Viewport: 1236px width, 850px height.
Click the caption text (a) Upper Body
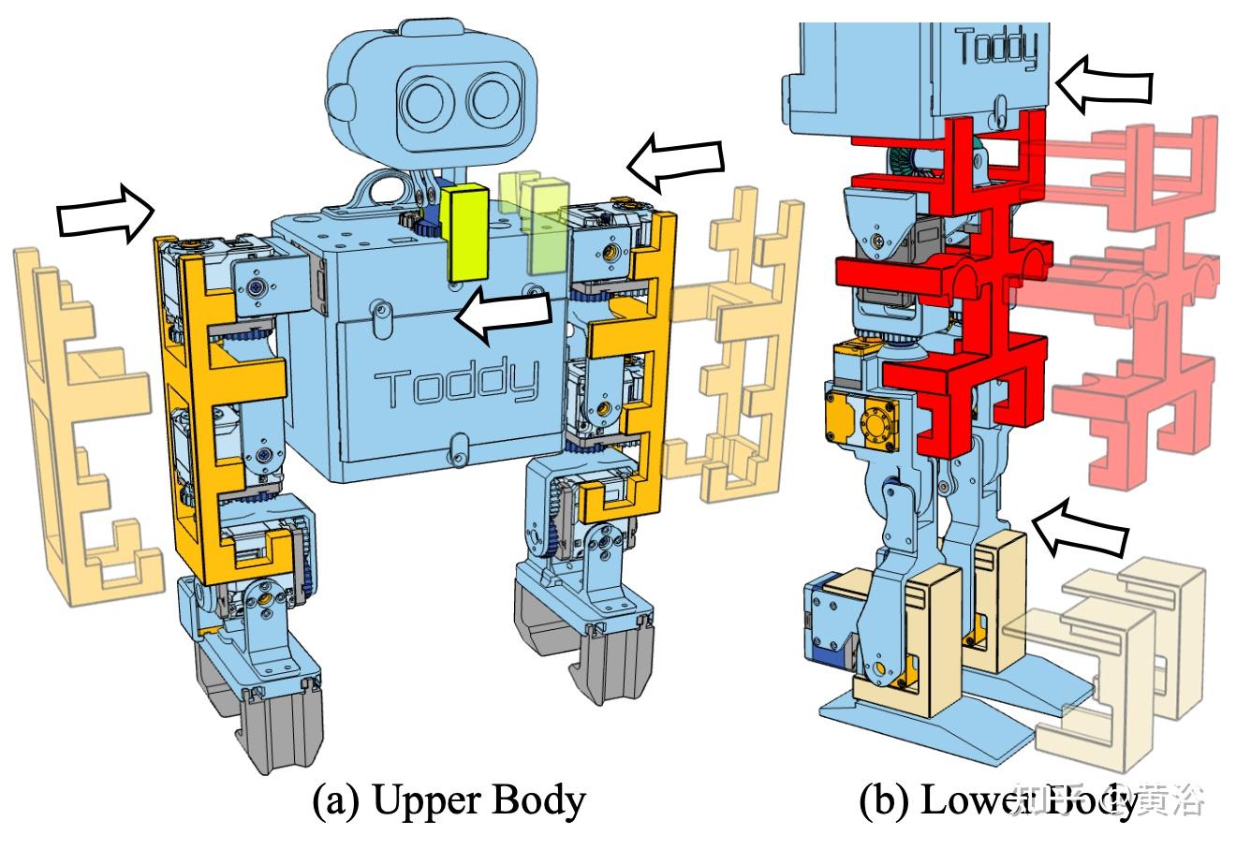(449, 801)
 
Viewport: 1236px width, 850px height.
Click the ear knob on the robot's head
(338, 95)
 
